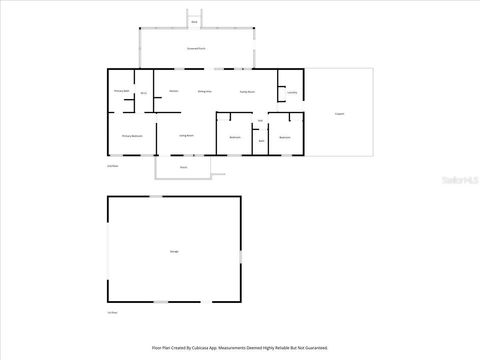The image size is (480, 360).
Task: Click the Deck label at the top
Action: (194, 20)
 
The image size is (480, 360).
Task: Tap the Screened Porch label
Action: (196, 48)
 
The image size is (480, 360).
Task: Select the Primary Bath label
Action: (122, 91)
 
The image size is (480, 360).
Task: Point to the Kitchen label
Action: (173, 91)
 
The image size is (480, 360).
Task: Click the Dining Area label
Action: (204, 91)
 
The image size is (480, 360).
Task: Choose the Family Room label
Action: (247, 91)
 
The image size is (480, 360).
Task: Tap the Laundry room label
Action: (292, 93)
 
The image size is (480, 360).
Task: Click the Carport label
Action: (340, 113)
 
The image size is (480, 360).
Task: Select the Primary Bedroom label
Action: (132, 136)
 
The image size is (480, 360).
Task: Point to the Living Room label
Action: (186, 135)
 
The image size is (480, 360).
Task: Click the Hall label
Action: (260, 122)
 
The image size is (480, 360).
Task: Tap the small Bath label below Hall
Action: (261, 141)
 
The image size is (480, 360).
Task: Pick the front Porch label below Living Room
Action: (183, 167)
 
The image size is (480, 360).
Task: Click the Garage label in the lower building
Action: (174, 250)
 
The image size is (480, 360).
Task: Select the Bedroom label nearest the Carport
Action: (285, 137)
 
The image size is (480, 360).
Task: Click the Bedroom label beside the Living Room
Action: (235, 137)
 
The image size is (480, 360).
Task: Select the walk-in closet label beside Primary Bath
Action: (144, 93)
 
